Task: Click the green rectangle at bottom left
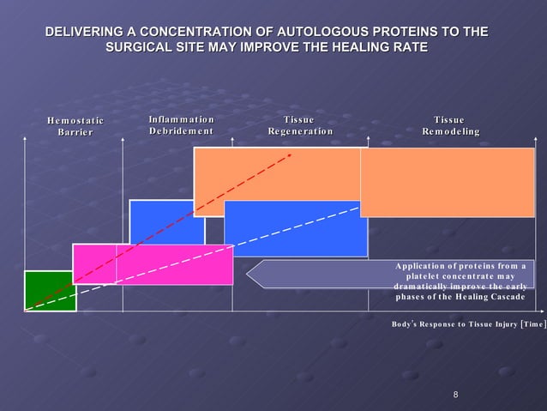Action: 50,290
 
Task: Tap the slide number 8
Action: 455,395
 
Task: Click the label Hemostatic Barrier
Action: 75,126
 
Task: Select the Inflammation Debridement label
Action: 181,124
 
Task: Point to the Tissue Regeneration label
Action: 299,125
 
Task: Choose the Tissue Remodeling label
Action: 450,125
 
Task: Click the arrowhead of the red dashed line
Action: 290,155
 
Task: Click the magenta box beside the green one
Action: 94,263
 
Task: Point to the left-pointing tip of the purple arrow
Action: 249,274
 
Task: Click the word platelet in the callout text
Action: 425,275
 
